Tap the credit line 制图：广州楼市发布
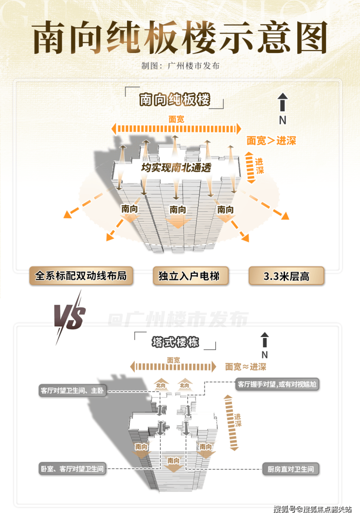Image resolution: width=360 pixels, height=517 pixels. [180, 66]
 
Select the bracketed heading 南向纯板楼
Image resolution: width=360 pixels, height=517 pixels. [175, 100]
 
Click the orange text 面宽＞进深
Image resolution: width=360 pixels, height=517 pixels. [271, 141]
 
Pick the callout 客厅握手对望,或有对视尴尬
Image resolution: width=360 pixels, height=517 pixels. [277, 384]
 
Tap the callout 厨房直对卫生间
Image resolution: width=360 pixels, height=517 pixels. [291, 469]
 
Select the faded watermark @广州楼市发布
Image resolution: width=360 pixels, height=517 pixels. [178, 320]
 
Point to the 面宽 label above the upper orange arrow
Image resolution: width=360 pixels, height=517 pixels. [176, 119]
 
